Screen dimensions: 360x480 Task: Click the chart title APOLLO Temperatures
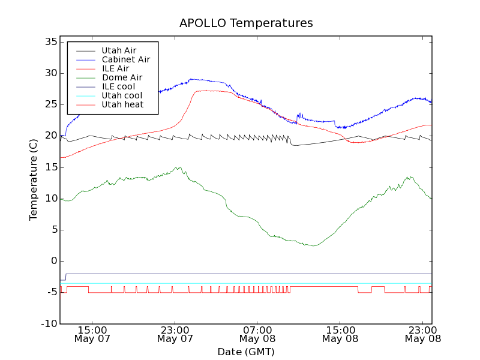coord(246,23)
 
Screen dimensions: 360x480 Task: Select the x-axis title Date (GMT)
coord(246,352)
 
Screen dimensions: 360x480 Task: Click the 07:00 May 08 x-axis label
coord(257,334)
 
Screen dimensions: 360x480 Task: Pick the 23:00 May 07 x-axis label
coord(175,334)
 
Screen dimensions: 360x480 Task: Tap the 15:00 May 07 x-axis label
coord(92,334)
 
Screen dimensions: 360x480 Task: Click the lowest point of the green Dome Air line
coord(313,245)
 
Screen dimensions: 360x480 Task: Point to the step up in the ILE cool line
coord(65,277)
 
